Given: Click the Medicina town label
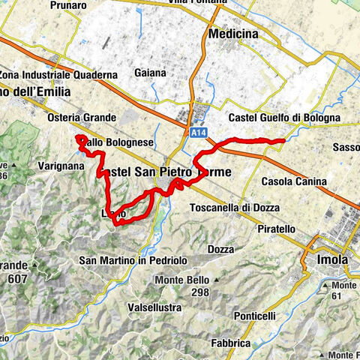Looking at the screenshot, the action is pos(233,34).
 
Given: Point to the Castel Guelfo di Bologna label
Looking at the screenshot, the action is pos(284,118).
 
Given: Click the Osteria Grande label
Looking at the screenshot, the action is pos(88,118).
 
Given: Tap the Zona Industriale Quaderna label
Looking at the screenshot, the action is pos(59,75).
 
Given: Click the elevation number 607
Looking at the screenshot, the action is pos(16,279).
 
